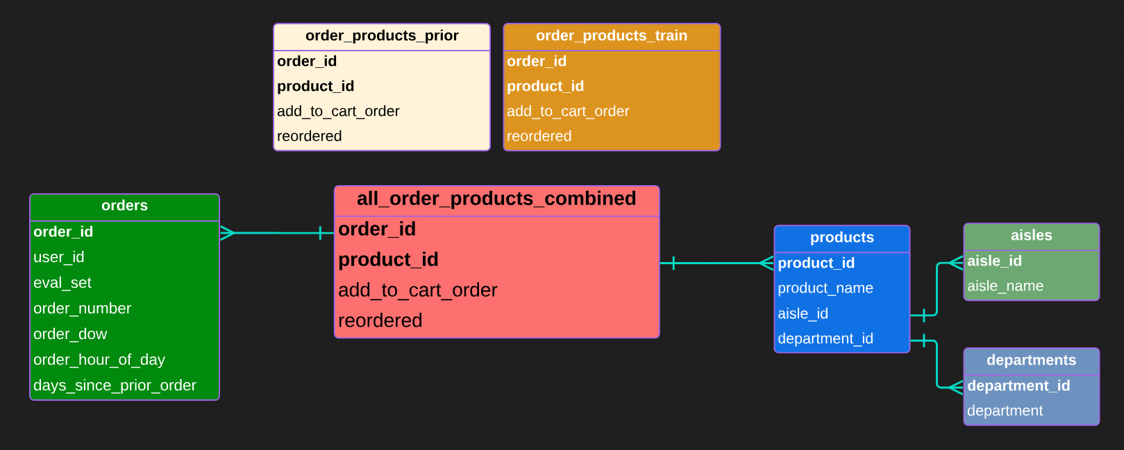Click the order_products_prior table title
(382, 36)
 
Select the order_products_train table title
(611, 36)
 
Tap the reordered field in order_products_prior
(310, 136)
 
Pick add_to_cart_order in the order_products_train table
(568, 111)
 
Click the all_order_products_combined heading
(496, 199)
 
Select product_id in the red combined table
(388, 259)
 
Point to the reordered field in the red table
(380, 320)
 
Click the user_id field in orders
(59, 257)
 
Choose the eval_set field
(62, 283)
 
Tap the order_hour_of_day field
(99, 360)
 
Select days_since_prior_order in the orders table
(115, 386)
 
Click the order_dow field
(70, 334)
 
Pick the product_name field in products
(825, 288)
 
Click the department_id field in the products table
(825, 339)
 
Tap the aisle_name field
(1005, 286)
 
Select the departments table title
(1031, 361)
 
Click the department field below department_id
(1005, 411)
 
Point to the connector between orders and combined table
(278, 233)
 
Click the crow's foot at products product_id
(766, 263)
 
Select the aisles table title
(1031, 236)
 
